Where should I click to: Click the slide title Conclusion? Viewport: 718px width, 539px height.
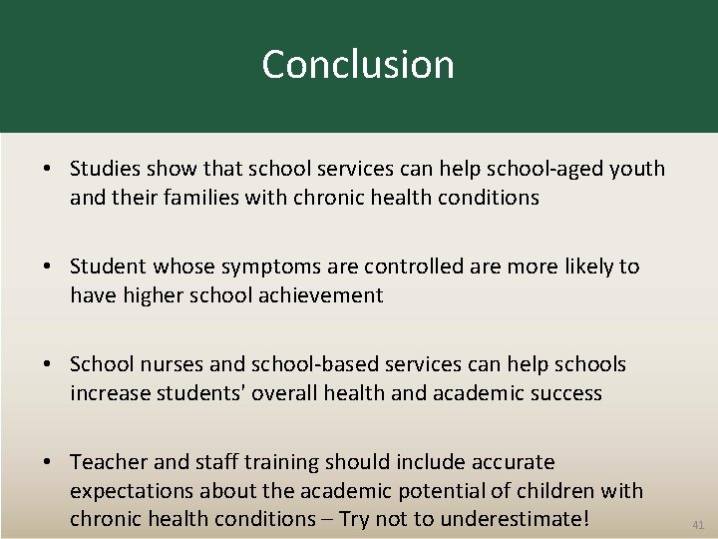358,65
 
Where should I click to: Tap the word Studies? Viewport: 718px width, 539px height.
106,169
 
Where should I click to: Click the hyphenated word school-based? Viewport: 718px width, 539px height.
320,364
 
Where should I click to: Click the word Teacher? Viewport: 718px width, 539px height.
107,462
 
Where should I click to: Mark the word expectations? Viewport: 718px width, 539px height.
132,491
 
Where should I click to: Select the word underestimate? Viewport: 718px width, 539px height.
520,519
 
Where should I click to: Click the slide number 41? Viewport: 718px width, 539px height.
697,524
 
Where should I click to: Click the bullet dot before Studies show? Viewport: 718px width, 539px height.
48,169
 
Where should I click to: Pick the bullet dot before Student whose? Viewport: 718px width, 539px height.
48,267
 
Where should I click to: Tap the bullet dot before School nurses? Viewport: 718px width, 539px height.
48,364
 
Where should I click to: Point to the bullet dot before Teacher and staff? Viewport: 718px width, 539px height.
48,462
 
